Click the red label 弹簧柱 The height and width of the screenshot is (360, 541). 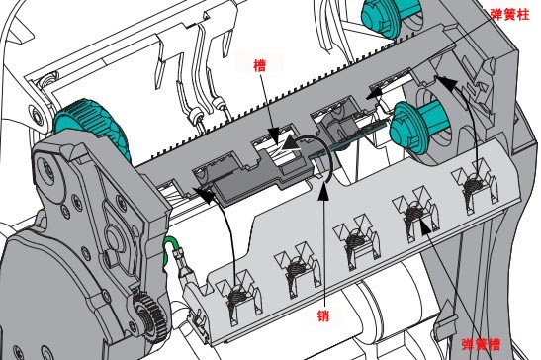point(509,14)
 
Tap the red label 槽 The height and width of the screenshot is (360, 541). point(260,65)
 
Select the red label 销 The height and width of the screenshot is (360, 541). point(323,315)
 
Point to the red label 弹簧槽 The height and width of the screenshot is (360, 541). point(481,344)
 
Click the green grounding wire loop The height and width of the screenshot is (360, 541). point(169,250)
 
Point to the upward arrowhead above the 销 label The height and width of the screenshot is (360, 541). point(323,191)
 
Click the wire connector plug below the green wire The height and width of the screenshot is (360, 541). point(185,264)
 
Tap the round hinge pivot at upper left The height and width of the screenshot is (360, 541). point(37,116)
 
